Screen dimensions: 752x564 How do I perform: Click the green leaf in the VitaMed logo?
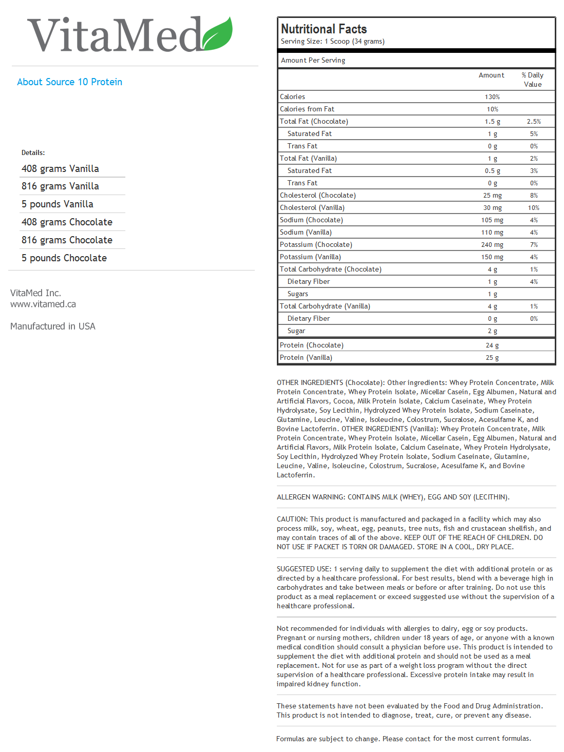pyautogui.click(x=217, y=34)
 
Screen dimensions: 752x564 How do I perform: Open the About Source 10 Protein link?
pyautogui.click(x=69, y=82)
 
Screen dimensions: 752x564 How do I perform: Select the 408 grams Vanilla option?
pyautogui.click(x=60, y=169)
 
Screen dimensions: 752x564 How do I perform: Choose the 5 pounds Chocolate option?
pyautogui.click(x=64, y=258)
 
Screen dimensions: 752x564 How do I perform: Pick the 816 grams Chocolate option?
pyautogui.click(x=67, y=240)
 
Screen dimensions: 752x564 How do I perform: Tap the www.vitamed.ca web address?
pyautogui.click(x=43, y=304)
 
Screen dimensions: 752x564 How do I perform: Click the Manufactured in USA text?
pyautogui.click(x=53, y=326)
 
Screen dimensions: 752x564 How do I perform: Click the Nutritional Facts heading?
pyautogui.click(x=324, y=29)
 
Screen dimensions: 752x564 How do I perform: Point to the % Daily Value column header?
pyautogui.click(x=533, y=80)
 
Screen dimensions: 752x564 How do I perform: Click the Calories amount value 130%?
pyautogui.click(x=492, y=97)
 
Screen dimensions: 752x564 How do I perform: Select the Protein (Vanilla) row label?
pyautogui.click(x=306, y=358)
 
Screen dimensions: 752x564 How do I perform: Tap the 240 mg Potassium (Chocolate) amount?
pyautogui.click(x=492, y=245)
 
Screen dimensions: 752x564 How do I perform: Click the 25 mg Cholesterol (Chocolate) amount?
pyautogui.click(x=492, y=196)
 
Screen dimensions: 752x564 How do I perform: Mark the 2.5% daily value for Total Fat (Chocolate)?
pyautogui.click(x=534, y=122)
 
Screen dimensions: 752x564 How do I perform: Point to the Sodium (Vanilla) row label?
pyautogui.click(x=306, y=233)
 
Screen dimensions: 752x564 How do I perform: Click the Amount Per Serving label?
pyautogui.click(x=313, y=61)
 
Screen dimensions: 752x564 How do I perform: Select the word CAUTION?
pyautogui.click(x=292, y=519)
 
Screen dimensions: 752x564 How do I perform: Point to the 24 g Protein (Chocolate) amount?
pyautogui.click(x=492, y=345)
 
